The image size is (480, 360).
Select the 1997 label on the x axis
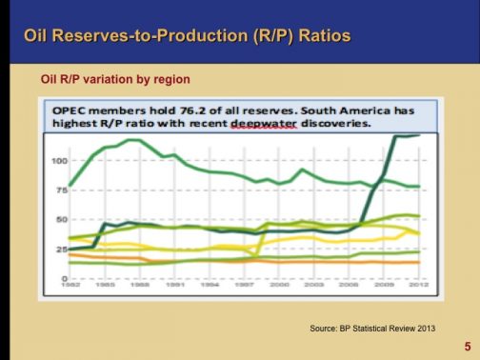[244, 285]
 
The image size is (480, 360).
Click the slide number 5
[467, 348]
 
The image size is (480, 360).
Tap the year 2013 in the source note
[424, 328]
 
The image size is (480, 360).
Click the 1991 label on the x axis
[174, 285]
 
